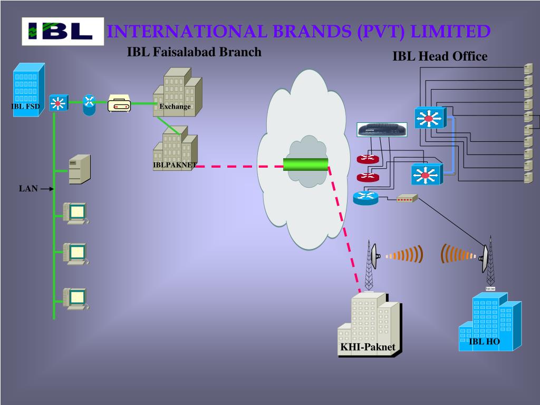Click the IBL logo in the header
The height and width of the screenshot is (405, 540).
tap(63, 31)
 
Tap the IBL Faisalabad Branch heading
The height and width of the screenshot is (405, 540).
tap(194, 52)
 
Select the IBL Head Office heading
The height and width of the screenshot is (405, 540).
tap(440, 56)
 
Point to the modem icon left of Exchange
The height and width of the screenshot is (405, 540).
tap(119, 104)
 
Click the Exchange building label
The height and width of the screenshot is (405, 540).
tap(175, 107)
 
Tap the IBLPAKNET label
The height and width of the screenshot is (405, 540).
tap(175, 165)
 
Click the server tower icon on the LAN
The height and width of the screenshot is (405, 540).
tap(79, 169)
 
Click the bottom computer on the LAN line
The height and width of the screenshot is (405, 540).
tap(75, 298)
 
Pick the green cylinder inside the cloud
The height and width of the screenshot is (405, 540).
tap(305, 164)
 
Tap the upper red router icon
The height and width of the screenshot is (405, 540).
tap(367, 159)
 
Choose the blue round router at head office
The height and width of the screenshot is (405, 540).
tap(365, 198)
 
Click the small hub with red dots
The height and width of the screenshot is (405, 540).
tap(407, 198)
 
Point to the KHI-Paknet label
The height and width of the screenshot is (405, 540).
tap(368, 347)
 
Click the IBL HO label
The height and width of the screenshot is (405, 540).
tap(485, 341)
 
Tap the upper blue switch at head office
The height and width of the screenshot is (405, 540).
tap(429, 118)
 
